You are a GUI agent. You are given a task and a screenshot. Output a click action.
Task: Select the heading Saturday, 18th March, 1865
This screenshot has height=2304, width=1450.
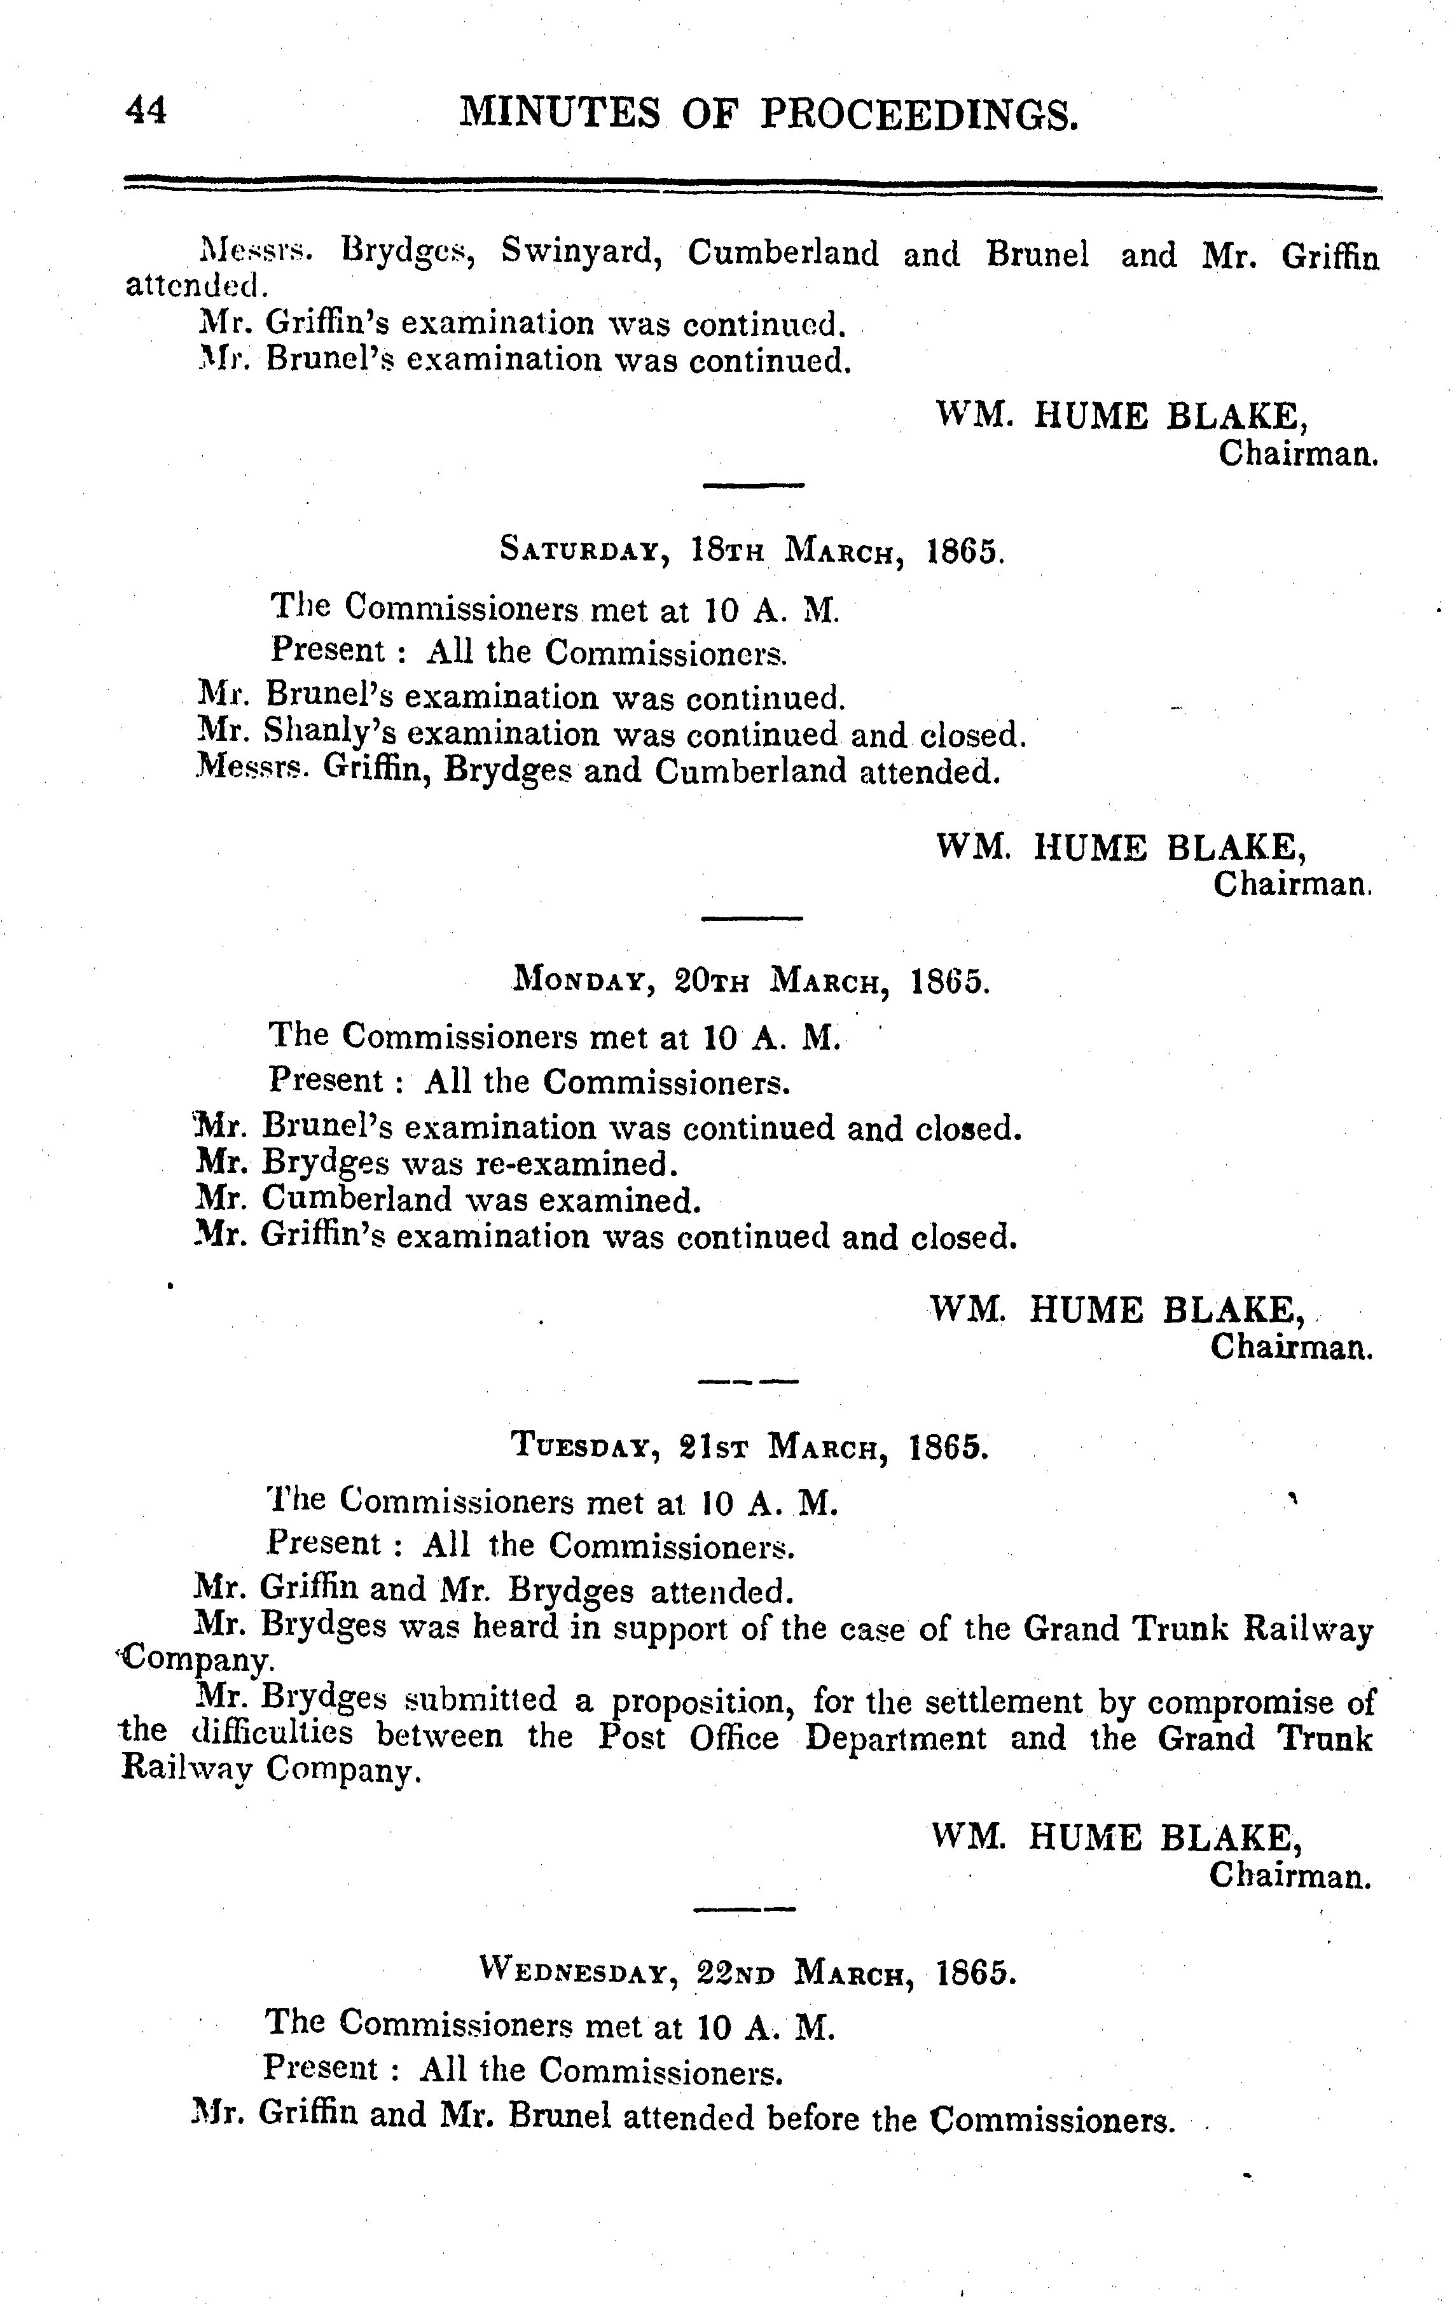point(752,551)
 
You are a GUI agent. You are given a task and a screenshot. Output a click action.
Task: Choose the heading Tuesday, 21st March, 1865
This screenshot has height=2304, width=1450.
point(750,1445)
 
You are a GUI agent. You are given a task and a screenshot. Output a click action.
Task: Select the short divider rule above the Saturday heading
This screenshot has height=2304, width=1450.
point(754,486)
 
